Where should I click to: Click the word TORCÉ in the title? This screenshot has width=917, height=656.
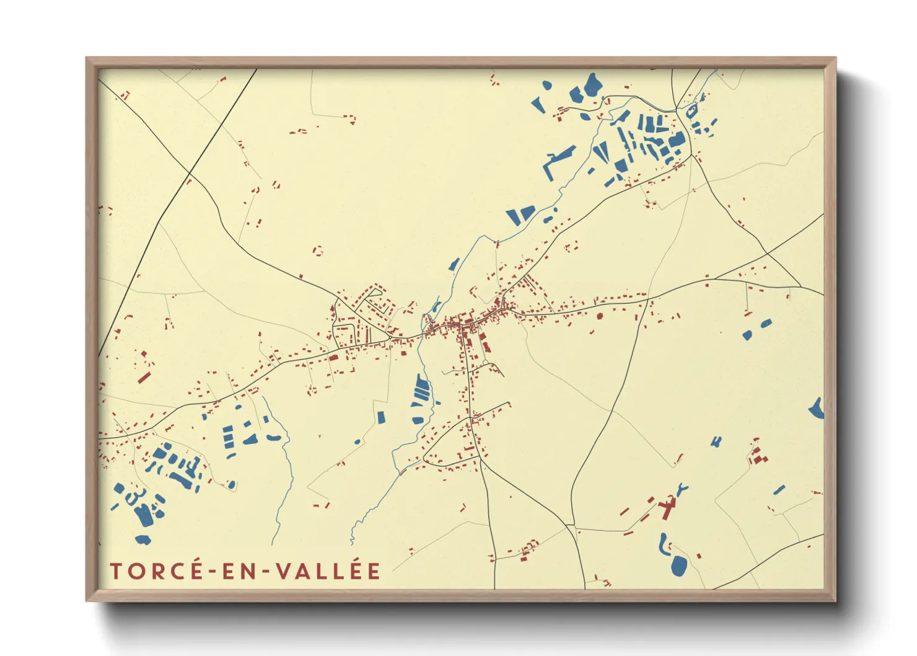coord(155,571)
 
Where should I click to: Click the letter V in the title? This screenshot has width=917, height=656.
coord(284,571)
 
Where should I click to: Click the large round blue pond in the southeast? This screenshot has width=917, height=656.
coord(678,565)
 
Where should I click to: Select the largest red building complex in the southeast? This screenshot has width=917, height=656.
coord(667,508)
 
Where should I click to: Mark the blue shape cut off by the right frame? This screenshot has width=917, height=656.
coord(817,409)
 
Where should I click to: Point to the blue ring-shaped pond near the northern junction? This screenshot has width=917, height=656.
coord(691,111)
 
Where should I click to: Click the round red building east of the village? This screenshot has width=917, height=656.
coord(599,316)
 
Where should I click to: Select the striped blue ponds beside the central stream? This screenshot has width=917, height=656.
coord(421,391)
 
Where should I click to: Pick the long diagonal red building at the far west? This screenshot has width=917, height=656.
coord(144,376)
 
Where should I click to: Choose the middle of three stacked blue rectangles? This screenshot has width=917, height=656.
coord(228,438)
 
